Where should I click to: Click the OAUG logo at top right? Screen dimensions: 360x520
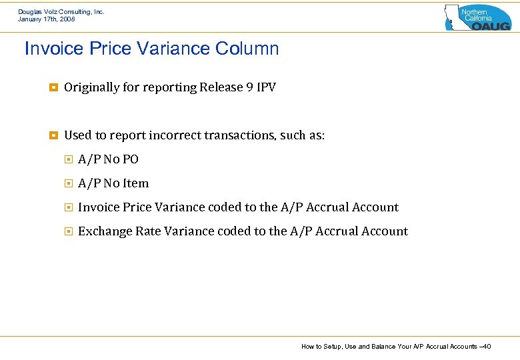click(478, 17)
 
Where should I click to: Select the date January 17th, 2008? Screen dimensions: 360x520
click(47, 19)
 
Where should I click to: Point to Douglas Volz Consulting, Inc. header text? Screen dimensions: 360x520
click(61, 11)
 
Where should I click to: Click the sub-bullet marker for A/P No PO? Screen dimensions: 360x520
click(67, 159)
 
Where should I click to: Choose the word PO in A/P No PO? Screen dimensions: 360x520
click(130, 159)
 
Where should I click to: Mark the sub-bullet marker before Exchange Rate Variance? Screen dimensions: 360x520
click(67, 231)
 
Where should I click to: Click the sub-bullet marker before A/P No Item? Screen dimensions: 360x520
click(67, 183)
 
